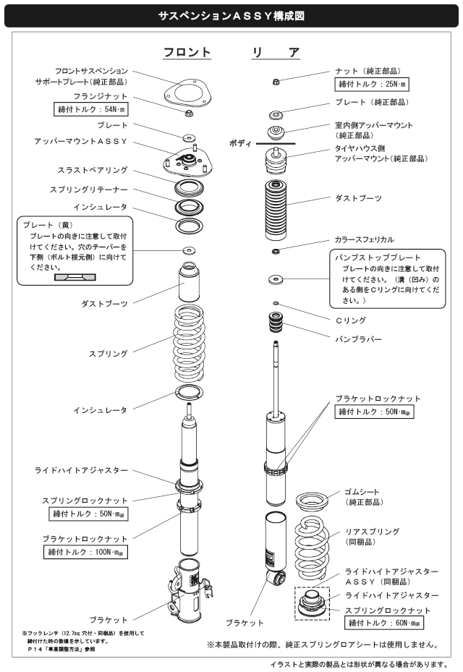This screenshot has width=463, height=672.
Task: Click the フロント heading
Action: click(x=187, y=53)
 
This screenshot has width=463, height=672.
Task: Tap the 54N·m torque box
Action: click(x=92, y=109)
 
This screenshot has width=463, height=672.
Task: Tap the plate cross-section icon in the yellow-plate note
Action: click(x=70, y=277)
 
